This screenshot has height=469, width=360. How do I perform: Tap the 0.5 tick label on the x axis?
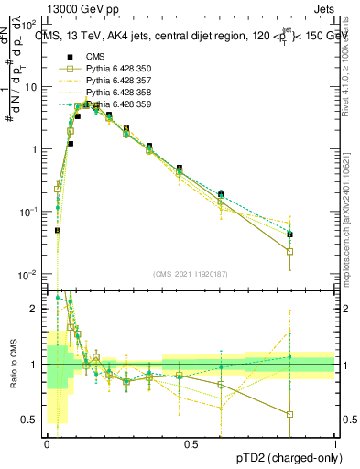point(191,444)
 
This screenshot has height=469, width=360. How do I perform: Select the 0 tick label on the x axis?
point(46,444)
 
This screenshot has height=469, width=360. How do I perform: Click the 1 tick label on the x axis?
point(335,444)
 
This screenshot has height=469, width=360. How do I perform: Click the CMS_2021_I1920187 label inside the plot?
point(191,274)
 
